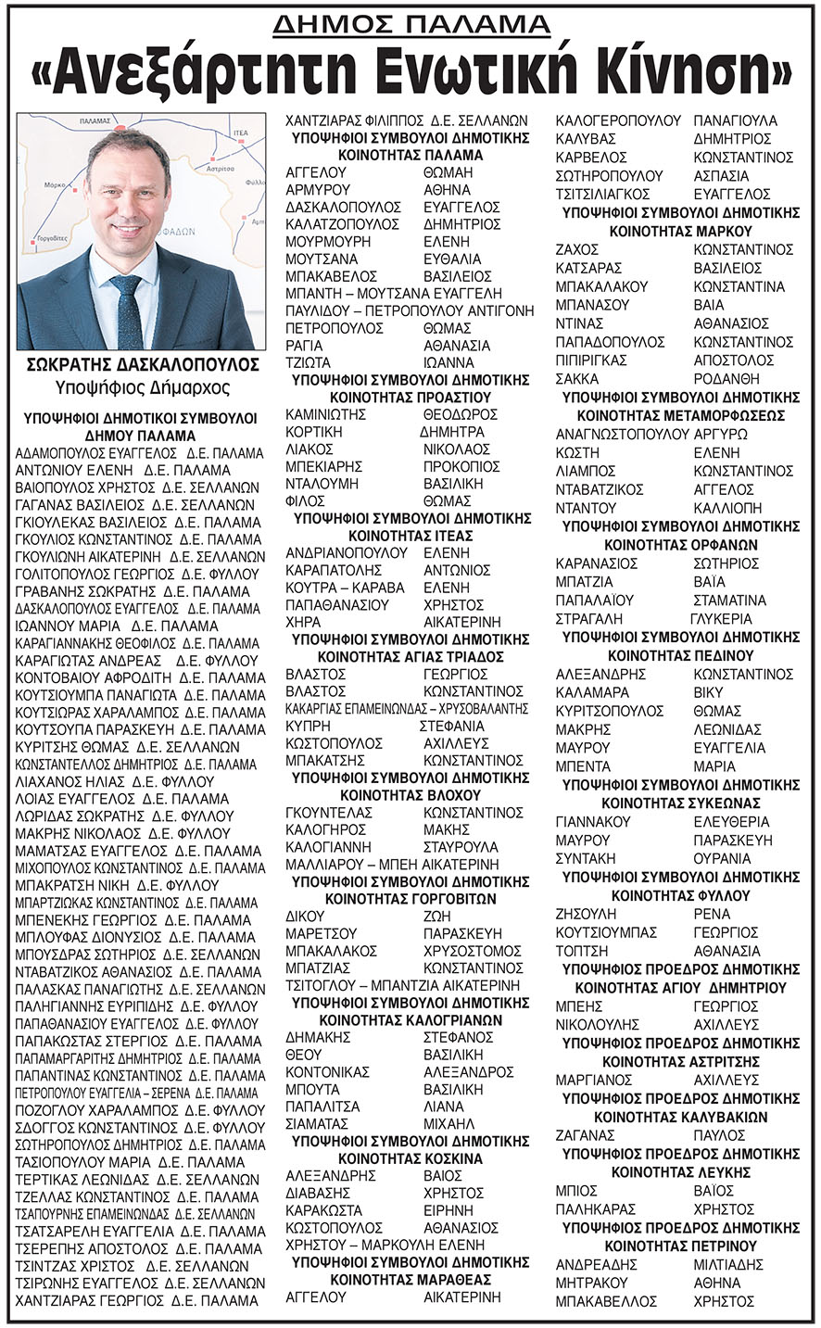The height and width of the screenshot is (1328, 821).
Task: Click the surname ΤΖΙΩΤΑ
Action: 309,362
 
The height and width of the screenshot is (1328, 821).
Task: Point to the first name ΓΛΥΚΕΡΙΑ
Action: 721,618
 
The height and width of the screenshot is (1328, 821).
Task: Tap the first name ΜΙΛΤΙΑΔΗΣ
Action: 728,1264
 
